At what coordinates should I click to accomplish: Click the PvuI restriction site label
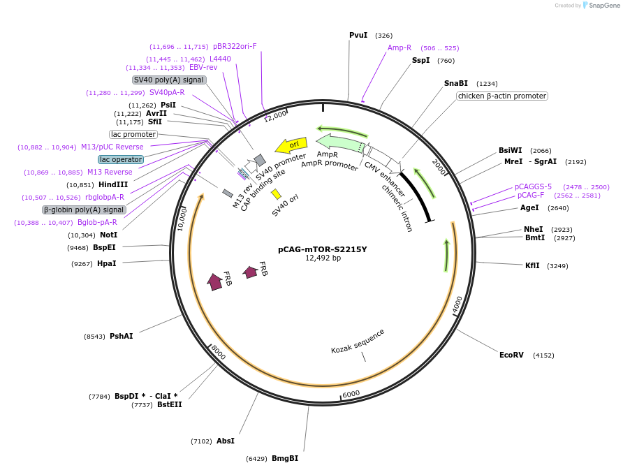coord(358,35)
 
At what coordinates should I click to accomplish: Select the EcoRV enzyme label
coord(511,355)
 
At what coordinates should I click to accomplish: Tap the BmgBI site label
coord(285,458)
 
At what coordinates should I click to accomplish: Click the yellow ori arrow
coord(291,145)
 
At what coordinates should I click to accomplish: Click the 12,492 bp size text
coord(323,258)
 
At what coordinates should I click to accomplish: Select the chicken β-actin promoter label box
coord(502,96)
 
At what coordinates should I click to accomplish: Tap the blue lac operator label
coord(121,159)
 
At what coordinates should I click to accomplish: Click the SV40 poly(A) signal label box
coord(169,80)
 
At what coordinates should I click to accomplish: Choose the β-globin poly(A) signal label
coord(84,210)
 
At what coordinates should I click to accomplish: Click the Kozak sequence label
coord(358,341)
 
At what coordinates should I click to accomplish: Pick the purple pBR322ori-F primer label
coord(235,46)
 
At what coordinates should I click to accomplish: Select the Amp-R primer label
coord(400,47)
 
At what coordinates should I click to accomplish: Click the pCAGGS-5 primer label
coord(533,186)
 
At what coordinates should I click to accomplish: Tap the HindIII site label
coord(112,184)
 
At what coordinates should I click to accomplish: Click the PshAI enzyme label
coord(121,336)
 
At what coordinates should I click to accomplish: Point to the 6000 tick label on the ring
coord(351,394)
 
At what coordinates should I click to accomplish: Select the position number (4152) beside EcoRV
coord(543,355)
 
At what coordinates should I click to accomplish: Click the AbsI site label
coord(226,441)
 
